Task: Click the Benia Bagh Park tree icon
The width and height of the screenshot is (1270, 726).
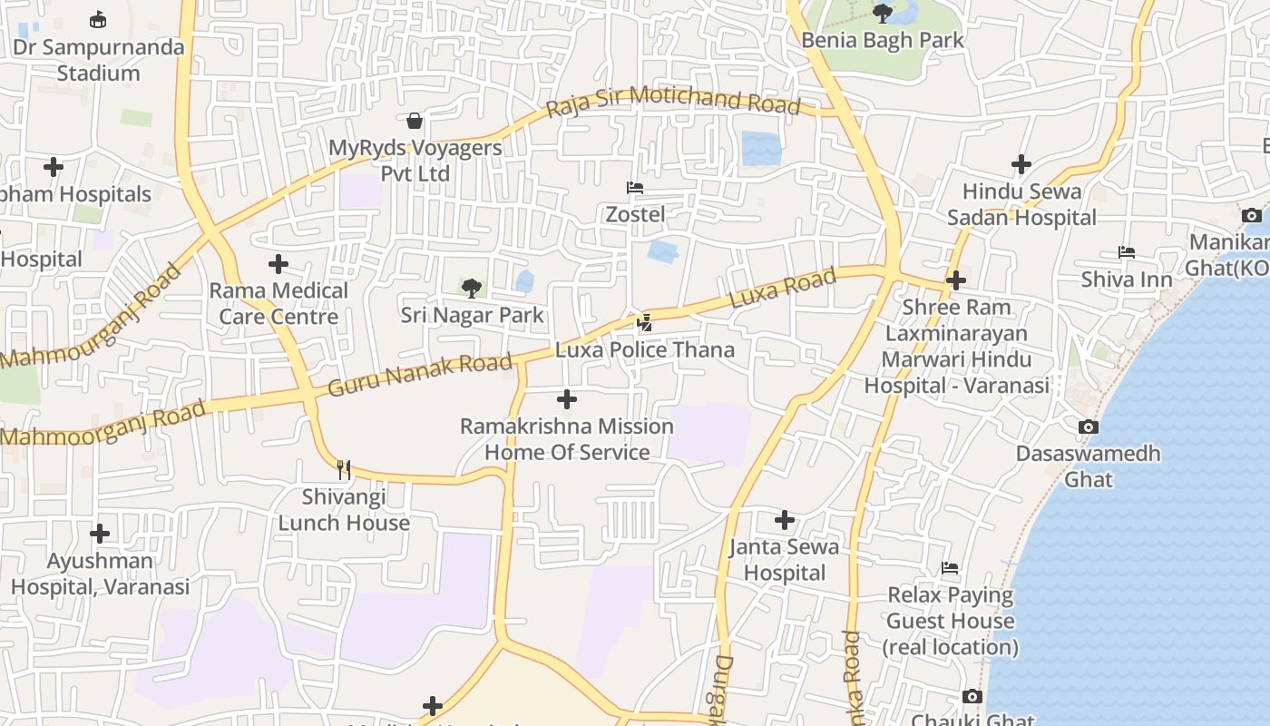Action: coord(882,13)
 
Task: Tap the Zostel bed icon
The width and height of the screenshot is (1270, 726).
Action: coord(635,188)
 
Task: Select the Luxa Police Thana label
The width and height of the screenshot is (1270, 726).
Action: coord(645,349)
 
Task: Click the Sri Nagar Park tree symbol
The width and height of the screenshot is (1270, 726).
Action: coord(471,289)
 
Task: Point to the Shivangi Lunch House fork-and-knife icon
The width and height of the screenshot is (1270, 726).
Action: coord(344,469)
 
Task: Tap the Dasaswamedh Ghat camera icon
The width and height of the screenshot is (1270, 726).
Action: coord(1089,427)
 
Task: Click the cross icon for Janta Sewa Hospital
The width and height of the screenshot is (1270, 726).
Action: coord(785,520)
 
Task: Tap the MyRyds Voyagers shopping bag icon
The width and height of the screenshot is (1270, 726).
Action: coord(415,121)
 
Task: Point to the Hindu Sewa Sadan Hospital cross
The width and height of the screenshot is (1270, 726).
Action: coord(1021,164)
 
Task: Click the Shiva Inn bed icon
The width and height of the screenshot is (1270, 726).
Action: coord(1127,251)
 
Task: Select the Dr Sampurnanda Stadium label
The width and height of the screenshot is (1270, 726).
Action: coord(99,60)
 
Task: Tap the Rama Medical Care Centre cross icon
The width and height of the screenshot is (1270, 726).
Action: coord(278,264)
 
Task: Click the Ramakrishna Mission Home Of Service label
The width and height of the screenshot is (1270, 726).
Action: coord(567,439)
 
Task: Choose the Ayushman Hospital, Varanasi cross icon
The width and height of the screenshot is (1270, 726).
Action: coord(100,534)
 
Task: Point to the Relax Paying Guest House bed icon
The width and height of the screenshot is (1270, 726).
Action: coord(950,568)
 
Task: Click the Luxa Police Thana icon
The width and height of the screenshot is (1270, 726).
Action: coord(645,322)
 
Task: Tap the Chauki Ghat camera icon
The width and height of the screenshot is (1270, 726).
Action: coord(972,696)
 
